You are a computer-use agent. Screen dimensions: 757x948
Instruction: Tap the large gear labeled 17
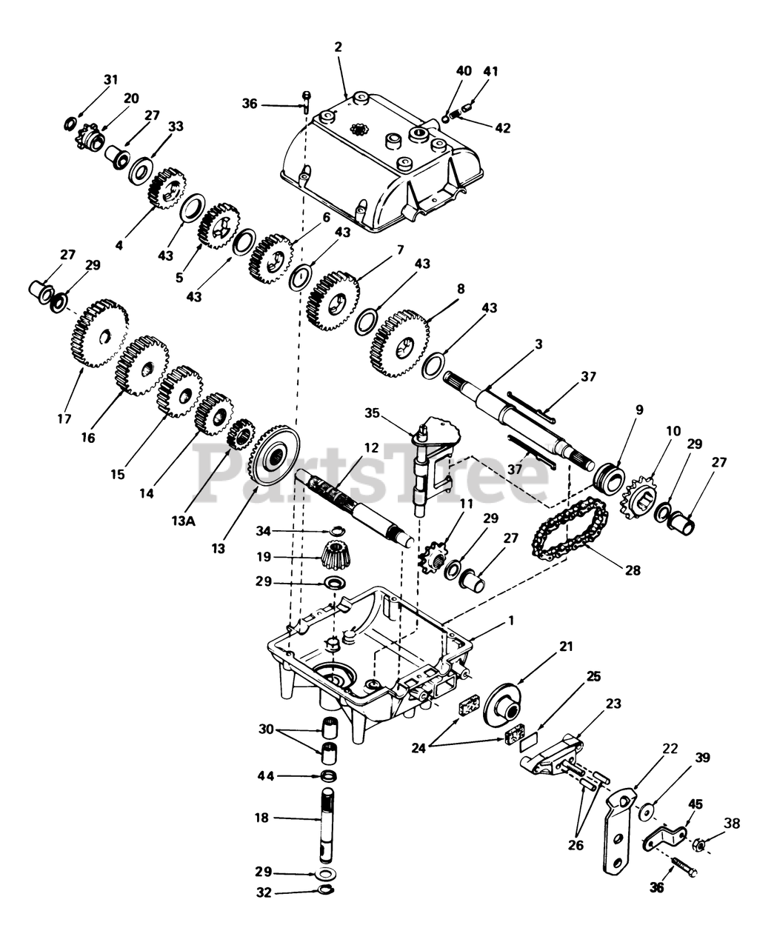[99, 335]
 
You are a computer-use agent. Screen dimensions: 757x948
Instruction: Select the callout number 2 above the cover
[339, 47]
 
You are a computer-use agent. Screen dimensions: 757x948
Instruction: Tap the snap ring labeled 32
[324, 891]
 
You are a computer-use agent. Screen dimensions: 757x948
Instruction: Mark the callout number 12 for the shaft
[371, 448]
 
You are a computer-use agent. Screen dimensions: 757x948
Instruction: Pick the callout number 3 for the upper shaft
[538, 345]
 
